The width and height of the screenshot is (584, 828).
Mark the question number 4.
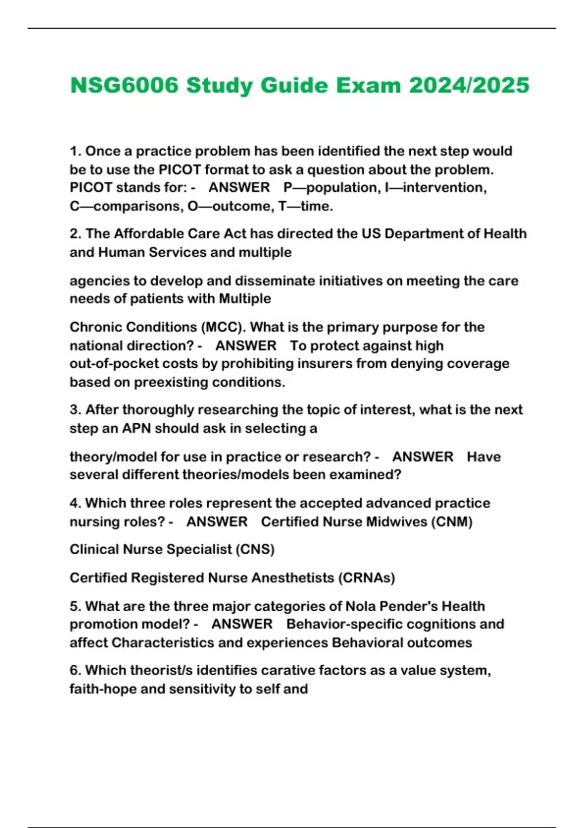tap(75, 503)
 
